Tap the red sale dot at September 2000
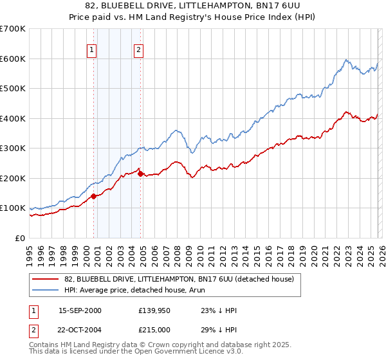tap(93, 196)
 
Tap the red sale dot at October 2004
tap(141, 172)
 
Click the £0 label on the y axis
tap(19, 238)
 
